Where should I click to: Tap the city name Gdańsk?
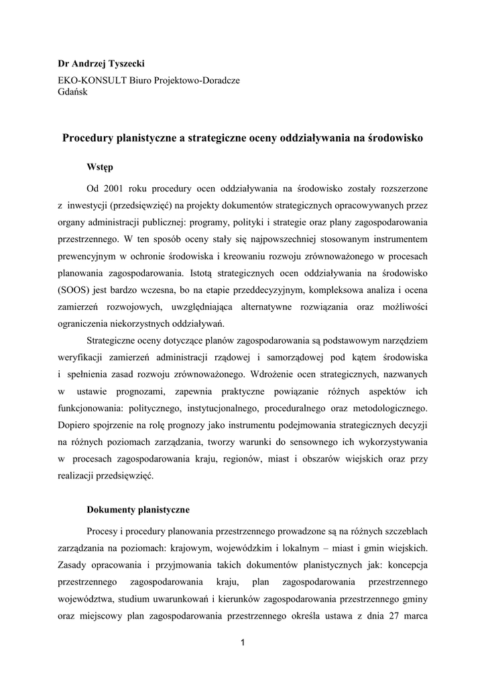[73, 92]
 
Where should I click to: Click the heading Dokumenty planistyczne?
[138, 509]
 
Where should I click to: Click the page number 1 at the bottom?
[243, 645]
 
